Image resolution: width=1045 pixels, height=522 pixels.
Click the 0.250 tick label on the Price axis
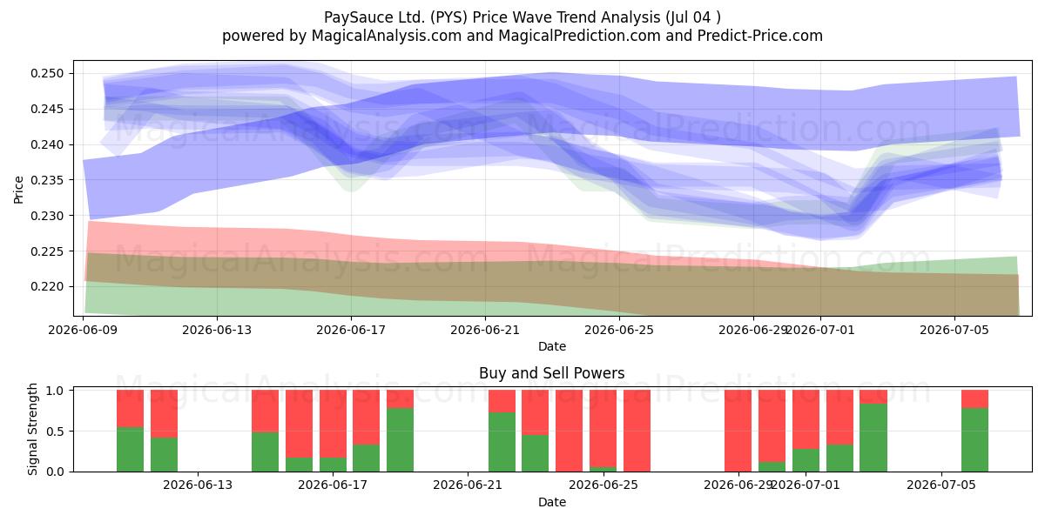[x=47, y=74]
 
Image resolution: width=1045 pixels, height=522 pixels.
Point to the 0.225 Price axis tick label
[x=47, y=251]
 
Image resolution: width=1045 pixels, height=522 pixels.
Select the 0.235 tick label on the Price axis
[x=47, y=180]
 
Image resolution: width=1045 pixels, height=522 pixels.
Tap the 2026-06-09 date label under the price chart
[x=83, y=330]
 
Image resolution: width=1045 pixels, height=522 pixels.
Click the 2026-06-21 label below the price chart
[x=485, y=330]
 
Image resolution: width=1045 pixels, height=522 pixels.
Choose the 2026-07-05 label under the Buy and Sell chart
[x=941, y=485]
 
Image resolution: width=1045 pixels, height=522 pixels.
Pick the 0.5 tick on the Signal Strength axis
[x=54, y=432]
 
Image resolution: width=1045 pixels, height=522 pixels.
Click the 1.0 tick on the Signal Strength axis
[x=54, y=391]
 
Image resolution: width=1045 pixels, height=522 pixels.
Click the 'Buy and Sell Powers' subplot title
[x=552, y=373]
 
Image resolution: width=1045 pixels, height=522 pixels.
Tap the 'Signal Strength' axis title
[x=32, y=429]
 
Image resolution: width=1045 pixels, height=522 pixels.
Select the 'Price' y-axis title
[x=18, y=190]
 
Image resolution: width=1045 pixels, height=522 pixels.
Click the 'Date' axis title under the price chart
[x=552, y=346]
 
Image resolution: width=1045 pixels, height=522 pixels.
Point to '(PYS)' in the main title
[x=448, y=17]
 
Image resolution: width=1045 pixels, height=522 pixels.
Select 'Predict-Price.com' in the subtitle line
[x=760, y=36]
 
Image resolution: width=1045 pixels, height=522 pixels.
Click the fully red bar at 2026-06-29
[x=738, y=431]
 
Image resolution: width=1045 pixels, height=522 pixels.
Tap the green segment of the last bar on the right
[x=974, y=440]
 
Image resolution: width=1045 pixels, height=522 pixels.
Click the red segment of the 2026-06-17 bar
[x=333, y=424]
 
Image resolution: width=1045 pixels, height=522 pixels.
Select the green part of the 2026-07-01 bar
[x=806, y=460]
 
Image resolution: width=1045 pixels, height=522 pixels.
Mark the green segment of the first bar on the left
[x=130, y=449]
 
